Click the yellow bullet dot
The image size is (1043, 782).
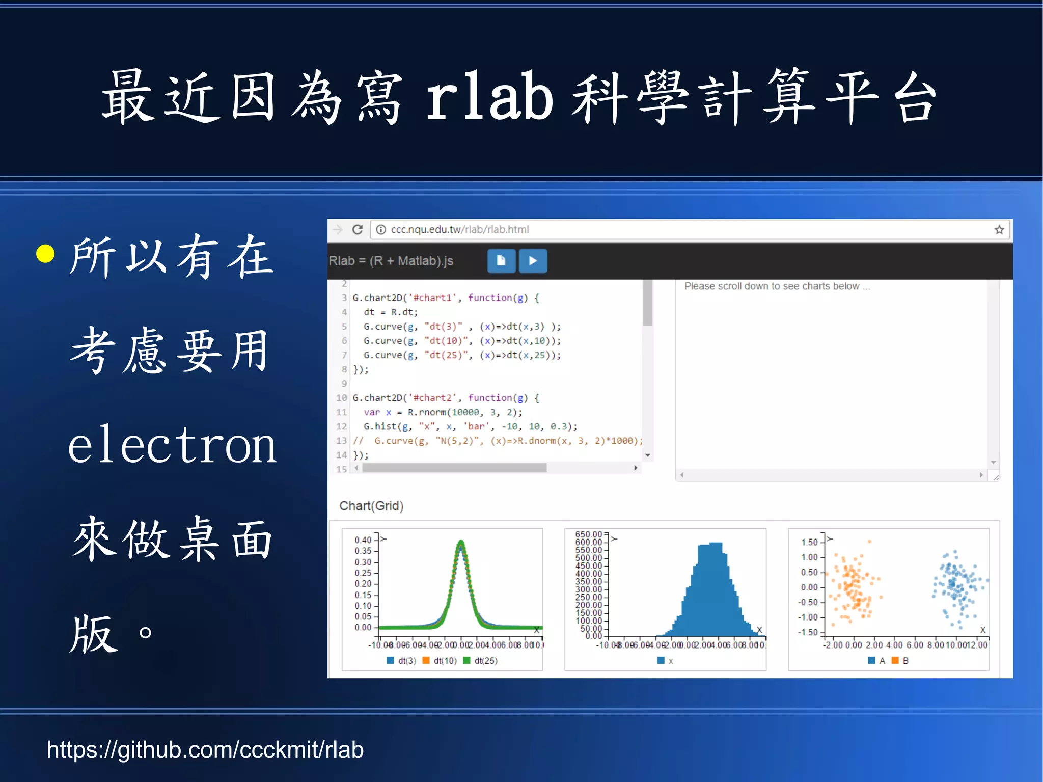click(46, 254)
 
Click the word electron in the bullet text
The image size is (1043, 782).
click(172, 445)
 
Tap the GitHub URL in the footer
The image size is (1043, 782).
click(205, 749)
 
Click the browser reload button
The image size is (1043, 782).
click(358, 230)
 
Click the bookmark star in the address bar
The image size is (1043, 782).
click(999, 230)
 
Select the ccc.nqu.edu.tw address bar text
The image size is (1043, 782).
click(459, 230)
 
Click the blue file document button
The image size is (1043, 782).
click(501, 261)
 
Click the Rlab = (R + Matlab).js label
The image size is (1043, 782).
click(391, 261)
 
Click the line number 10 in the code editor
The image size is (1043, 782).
click(341, 398)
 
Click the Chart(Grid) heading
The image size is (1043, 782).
click(371, 506)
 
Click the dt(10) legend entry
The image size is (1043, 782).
click(445, 661)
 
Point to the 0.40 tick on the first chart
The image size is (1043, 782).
click(363, 540)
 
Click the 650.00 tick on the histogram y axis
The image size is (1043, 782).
click(588, 534)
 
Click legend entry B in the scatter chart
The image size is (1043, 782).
click(905, 661)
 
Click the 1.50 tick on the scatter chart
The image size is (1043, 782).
click(809, 542)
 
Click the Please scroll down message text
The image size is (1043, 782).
click(777, 286)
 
